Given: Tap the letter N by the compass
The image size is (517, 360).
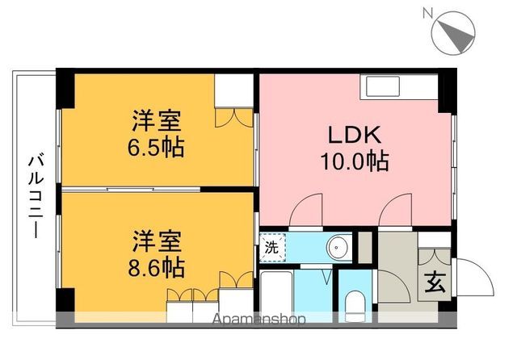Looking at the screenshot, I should pos(427,13).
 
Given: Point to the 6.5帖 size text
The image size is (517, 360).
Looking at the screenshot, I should pos(158,148).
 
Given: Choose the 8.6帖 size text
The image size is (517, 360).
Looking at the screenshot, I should pos(158,266).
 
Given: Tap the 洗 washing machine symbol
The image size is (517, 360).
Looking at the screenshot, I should pos(272,248).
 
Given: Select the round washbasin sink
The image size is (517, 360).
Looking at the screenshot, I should pos(337,248).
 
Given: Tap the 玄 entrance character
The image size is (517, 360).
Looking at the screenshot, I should pos(435,284).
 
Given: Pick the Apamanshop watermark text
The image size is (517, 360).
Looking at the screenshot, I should pos(258,319).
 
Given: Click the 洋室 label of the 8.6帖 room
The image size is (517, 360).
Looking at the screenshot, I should pos(158,241).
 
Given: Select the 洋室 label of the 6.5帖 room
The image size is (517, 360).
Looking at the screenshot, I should pos(158,123).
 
